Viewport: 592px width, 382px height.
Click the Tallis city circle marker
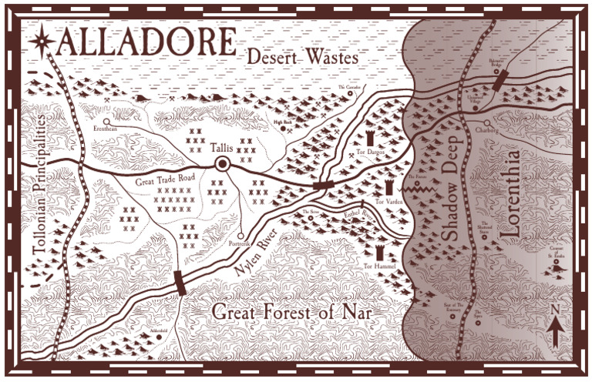coord(224,163)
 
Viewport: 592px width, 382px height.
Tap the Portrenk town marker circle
coord(240,236)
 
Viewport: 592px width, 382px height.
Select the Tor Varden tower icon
coord(388,189)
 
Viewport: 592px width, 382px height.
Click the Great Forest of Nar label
coord(291,313)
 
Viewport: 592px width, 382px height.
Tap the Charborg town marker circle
coord(486,122)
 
